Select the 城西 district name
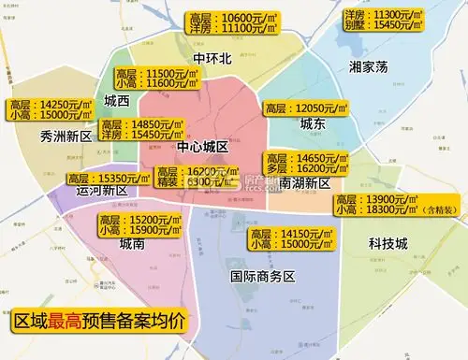[118, 101]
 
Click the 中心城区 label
[202, 148]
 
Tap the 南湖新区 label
[303, 184]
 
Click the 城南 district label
[132, 244]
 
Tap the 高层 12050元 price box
[304, 108]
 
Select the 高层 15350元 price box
[107, 177]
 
